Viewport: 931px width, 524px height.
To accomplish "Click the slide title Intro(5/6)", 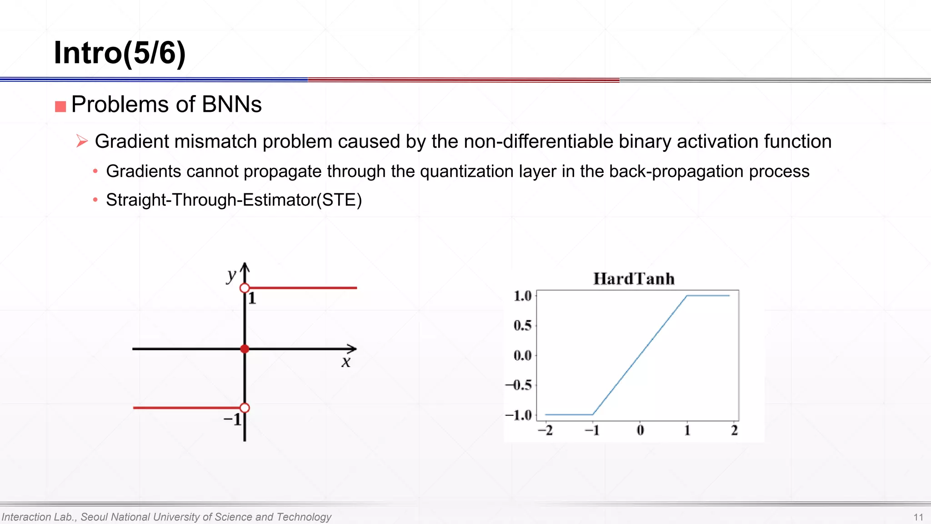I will click(120, 53).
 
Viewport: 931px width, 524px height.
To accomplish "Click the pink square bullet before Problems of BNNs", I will click(60, 106).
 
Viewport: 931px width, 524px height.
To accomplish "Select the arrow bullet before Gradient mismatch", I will click(82, 141).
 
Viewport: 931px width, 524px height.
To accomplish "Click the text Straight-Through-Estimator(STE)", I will click(234, 200).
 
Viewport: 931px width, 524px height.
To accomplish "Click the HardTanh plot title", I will click(634, 279).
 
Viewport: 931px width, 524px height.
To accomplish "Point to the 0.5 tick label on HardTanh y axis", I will click(522, 326).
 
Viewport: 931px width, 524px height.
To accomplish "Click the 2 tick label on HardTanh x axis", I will click(734, 430).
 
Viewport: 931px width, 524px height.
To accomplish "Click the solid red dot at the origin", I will click(245, 349).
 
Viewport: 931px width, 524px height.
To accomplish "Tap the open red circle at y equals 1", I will click(245, 288).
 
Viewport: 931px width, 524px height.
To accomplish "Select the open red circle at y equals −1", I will click(245, 408).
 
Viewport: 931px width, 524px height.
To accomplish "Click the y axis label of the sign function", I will click(231, 275).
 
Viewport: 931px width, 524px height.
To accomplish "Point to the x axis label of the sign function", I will click(346, 362).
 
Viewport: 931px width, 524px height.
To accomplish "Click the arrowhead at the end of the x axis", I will click(352, 349).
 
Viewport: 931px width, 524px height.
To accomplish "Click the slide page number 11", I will click(918, 517).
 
